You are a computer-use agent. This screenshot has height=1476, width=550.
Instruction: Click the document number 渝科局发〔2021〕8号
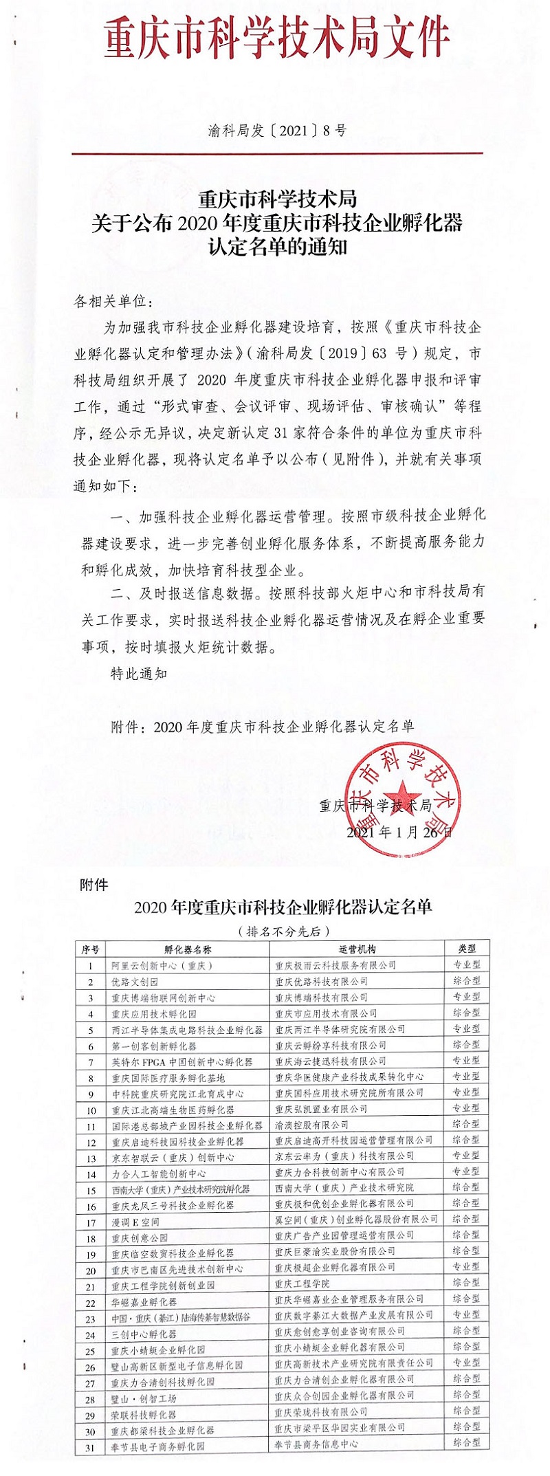[x=276, y=130]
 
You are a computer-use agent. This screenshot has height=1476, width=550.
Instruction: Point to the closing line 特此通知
[x=139, y=673]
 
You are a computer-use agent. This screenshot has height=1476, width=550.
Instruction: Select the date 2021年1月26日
[x=400, y=831]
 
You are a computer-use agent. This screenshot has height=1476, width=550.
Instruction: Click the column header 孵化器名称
[x=188, y=949]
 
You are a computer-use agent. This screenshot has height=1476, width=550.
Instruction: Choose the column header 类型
[x=466, y=949]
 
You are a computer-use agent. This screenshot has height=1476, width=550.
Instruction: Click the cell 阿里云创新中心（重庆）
[x=162, y=965]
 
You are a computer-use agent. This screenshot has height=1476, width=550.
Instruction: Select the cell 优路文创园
[x=135, y=981]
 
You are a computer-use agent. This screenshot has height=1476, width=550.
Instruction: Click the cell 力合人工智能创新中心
[x=159, y=1174]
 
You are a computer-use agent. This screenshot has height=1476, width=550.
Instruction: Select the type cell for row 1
[x=466, y=965]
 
